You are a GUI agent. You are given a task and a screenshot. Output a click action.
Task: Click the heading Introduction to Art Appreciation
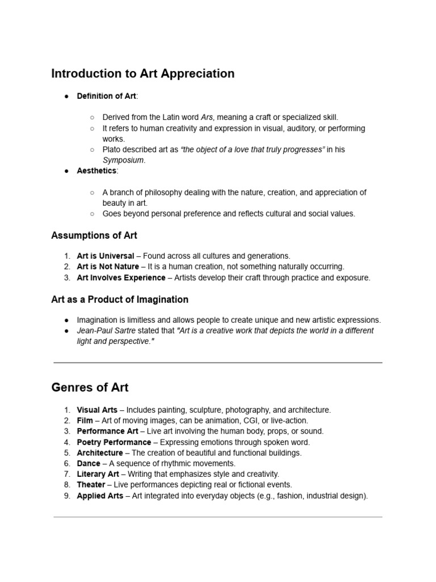142,73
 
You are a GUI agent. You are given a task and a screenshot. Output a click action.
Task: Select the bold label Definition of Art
106,96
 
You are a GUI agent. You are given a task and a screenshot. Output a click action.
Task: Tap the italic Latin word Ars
207,117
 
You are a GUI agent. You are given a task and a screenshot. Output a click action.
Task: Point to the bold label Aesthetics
97,171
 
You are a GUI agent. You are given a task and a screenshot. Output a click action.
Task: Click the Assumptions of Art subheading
94,235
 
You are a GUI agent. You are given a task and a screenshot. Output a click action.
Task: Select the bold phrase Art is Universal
106,256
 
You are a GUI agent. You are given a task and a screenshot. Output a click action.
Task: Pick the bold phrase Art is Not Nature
108,267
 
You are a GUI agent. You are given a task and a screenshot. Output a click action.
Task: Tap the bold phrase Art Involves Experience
121,277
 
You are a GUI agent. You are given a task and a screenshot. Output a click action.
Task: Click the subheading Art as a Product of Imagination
120,300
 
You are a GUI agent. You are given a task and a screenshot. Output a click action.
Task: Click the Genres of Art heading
90,388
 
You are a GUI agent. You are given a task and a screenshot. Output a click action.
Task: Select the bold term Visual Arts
97,410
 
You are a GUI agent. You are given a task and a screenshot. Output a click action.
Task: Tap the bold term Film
85,421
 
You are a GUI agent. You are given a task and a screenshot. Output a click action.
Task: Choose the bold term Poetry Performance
114,442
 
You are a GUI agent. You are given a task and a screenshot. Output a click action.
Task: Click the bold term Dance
89,464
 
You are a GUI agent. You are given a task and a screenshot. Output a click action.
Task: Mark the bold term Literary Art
98,474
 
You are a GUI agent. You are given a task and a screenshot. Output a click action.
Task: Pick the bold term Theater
91,485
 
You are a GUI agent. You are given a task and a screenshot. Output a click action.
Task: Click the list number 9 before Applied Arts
67,496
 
